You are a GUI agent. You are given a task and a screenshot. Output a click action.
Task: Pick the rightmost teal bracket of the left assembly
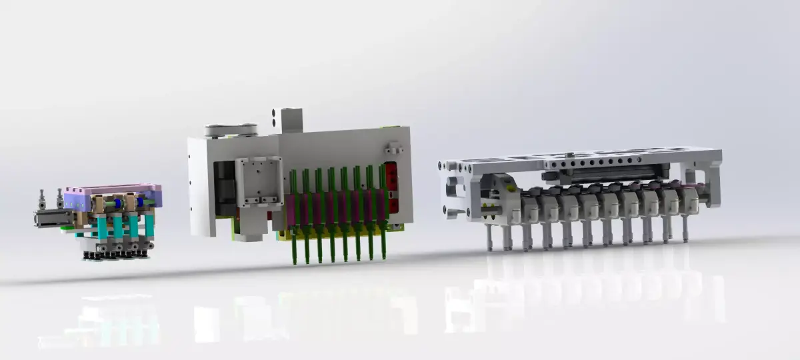point(149,225)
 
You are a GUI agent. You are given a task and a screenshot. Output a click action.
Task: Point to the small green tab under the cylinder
point(65,229)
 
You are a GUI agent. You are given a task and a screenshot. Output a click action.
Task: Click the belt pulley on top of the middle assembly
point(231,131)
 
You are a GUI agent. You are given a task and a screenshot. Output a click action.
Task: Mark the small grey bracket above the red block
point(393,147)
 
